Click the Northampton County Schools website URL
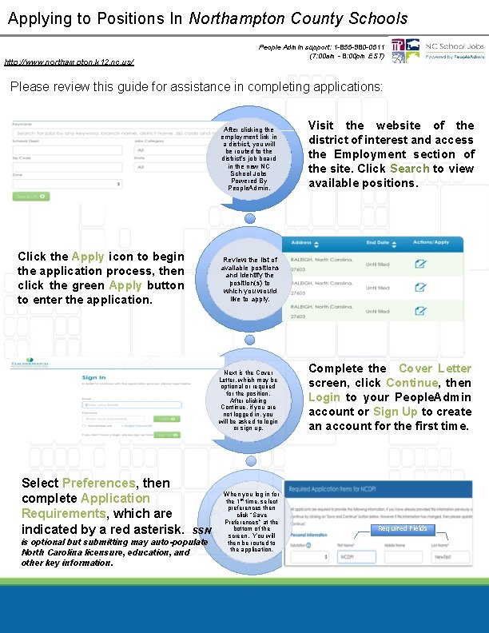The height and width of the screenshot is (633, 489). [x=70, y=62]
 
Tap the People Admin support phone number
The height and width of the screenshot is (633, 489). [x=352, y=47]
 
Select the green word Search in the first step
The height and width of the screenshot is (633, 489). [x=409, y=169]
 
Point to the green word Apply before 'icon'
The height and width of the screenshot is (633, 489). [x=88, y=257]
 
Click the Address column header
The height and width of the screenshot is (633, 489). [x=301, y=242]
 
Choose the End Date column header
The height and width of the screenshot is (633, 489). [x=377, y=242]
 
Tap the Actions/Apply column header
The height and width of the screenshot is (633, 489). [x=431, y=242]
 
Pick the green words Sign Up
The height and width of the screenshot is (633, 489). [x=396, y=412]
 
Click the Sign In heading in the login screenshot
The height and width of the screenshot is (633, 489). [x=93, y=378]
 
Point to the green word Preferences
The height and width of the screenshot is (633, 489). [x=98, y=483]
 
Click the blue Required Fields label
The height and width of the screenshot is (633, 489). [x=403, y=529]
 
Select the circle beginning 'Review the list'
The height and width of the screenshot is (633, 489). [x=250, y=279]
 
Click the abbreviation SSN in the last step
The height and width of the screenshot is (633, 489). [x=202, y=530]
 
